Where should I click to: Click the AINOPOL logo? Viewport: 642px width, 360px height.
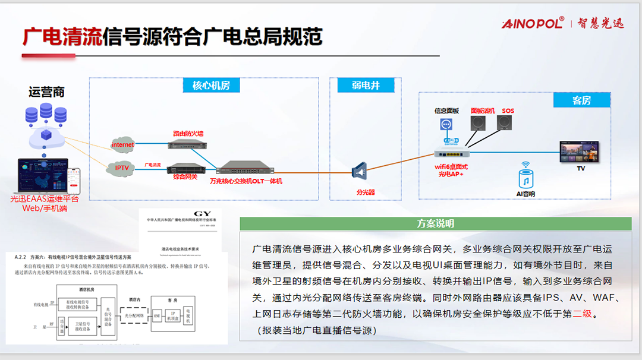(533, 23)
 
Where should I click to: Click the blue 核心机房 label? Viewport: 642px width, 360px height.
(212, 85)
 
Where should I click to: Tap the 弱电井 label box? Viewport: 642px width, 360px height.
(366, 85)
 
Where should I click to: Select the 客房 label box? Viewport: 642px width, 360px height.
(581, 100)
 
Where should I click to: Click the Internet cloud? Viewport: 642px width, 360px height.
(123, 144)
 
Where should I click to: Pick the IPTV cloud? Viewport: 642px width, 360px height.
(122, 168)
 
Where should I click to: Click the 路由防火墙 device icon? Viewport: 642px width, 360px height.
(185, 144)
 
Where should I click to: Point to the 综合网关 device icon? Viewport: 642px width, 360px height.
(185, 168)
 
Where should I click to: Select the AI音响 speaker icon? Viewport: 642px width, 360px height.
(525, 179)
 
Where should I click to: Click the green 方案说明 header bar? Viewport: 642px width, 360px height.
(436, 223)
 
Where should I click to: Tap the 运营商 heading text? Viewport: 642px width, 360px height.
(46, 92)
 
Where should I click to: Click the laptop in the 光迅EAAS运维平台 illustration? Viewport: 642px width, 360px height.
(43, 175)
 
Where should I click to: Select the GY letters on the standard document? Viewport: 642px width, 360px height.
(203, 214)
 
